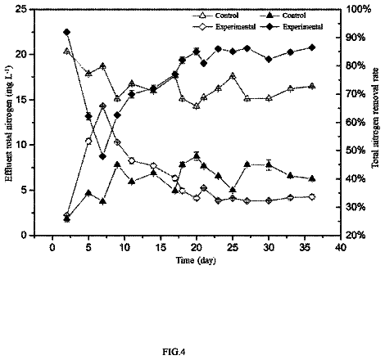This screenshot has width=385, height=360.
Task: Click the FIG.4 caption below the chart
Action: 174,352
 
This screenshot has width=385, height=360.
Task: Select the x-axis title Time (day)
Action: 196,260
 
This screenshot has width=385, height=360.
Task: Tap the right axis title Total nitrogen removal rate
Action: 375,118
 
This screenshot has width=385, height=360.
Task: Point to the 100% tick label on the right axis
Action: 359,10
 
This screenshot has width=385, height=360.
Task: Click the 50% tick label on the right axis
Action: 356,151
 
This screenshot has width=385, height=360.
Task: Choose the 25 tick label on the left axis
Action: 23,10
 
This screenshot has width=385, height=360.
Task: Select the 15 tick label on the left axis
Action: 23,100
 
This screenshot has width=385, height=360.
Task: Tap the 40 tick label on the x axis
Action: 341,247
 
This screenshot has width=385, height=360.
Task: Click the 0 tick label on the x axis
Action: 52,247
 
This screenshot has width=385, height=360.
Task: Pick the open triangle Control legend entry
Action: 215,16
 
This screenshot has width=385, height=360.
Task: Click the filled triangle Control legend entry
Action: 283,16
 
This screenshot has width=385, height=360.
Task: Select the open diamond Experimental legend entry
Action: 224,27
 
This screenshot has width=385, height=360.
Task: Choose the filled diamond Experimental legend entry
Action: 292,27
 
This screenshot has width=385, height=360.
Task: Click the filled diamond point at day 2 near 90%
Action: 66,32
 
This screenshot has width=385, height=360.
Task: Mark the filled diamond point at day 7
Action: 102,156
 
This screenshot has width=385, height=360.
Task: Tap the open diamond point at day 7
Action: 102,106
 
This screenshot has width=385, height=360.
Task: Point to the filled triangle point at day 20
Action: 197,156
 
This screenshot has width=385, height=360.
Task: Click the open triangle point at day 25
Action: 233,76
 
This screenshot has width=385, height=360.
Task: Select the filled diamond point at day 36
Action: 312,47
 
